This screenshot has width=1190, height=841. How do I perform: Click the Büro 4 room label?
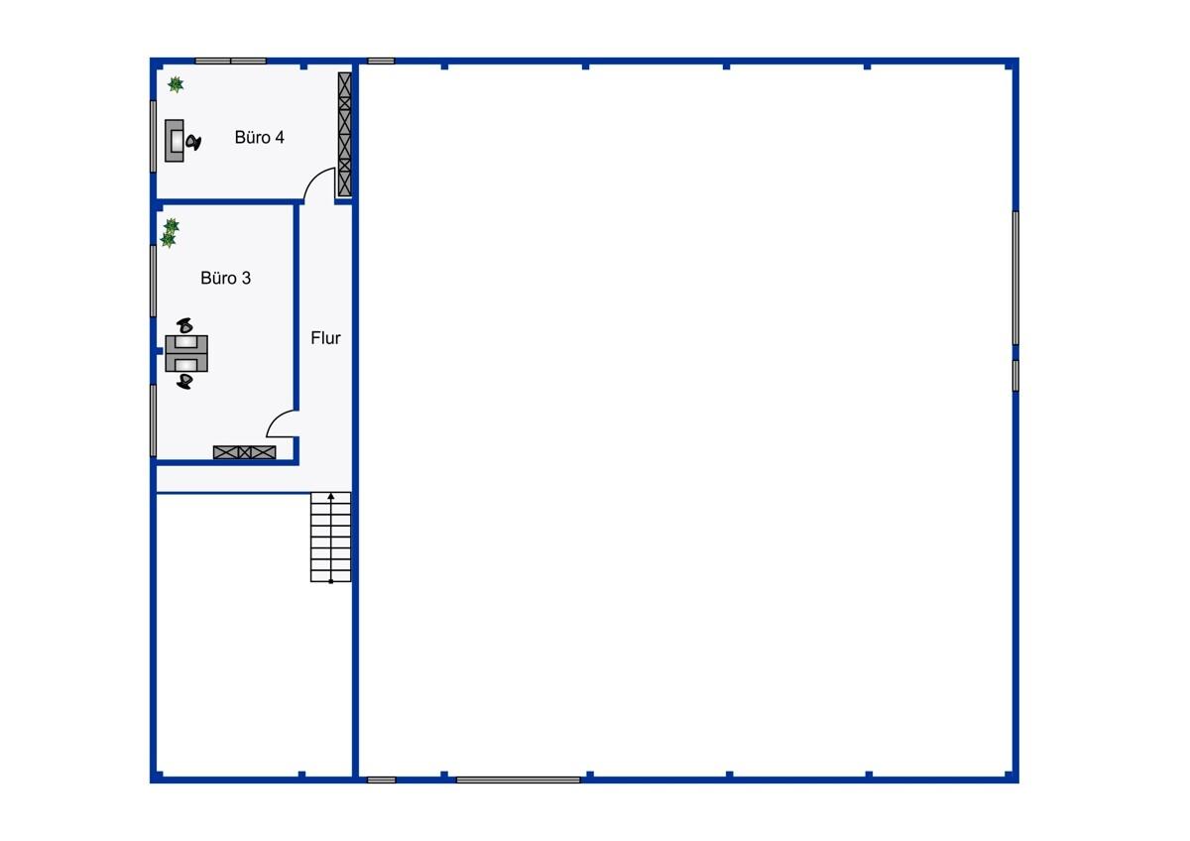click(x=259, y=138)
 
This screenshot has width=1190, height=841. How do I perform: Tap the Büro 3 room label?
click(x=225, y=278)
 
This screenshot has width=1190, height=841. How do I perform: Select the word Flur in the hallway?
click(x=325, y=338)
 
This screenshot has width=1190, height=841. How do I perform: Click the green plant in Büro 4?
click(x=176, y=84)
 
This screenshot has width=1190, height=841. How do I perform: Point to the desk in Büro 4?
click(x=175, y=141)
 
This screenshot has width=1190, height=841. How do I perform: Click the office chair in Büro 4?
click(x=193, y=143)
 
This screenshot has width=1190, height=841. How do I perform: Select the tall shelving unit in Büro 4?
click(x=345, y=135)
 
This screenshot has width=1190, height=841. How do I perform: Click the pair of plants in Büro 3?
click(x=170, y=233)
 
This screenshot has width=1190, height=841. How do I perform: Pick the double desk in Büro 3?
click(x=186, y=353)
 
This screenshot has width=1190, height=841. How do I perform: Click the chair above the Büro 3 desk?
click(x=184, y=325)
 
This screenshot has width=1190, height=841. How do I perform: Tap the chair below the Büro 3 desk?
click(x=184, y=381)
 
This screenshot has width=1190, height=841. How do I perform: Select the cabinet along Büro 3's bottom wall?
click(x=244, y=452)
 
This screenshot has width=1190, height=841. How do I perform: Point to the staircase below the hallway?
click(x=330, y=538)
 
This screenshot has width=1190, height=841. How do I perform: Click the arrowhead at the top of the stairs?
click(x=331, y=496)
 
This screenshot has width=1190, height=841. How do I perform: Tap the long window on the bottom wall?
click(x=518, y=780)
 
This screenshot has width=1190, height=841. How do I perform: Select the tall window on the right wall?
click(x=1015, y=278)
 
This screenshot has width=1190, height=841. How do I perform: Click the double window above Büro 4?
click(x=230, y=61)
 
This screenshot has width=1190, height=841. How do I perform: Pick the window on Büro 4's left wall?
click(x=153, y=137)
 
